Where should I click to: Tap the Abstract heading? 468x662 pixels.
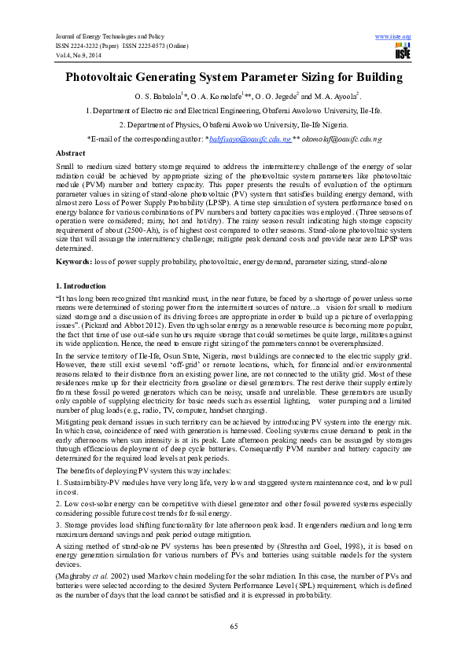tap(72, 152)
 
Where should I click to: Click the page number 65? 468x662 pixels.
tap(234, 626)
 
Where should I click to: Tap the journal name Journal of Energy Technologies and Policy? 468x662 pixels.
tap(106, 37)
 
